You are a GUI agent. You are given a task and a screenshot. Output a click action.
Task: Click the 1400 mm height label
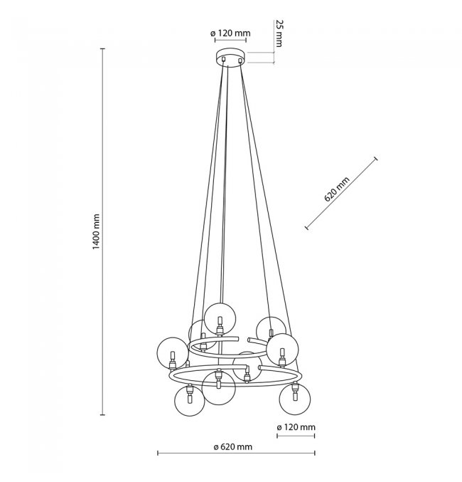click(97, 232)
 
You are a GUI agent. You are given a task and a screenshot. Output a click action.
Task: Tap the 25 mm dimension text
click(279, 33)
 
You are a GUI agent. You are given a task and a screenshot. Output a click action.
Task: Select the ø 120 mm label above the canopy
click(230, 33)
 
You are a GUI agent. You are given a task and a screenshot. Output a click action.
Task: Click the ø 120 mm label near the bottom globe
click(296, 427)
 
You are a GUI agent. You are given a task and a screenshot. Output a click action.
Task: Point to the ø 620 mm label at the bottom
click(233, 446)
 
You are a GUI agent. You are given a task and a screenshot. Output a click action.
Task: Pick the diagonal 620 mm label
click(337, 189)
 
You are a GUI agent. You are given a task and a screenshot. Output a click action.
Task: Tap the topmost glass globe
click(220, 319)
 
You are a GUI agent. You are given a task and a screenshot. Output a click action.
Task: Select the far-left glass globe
click(172, 353)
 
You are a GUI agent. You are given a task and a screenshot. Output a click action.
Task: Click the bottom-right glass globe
click(295, 399)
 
